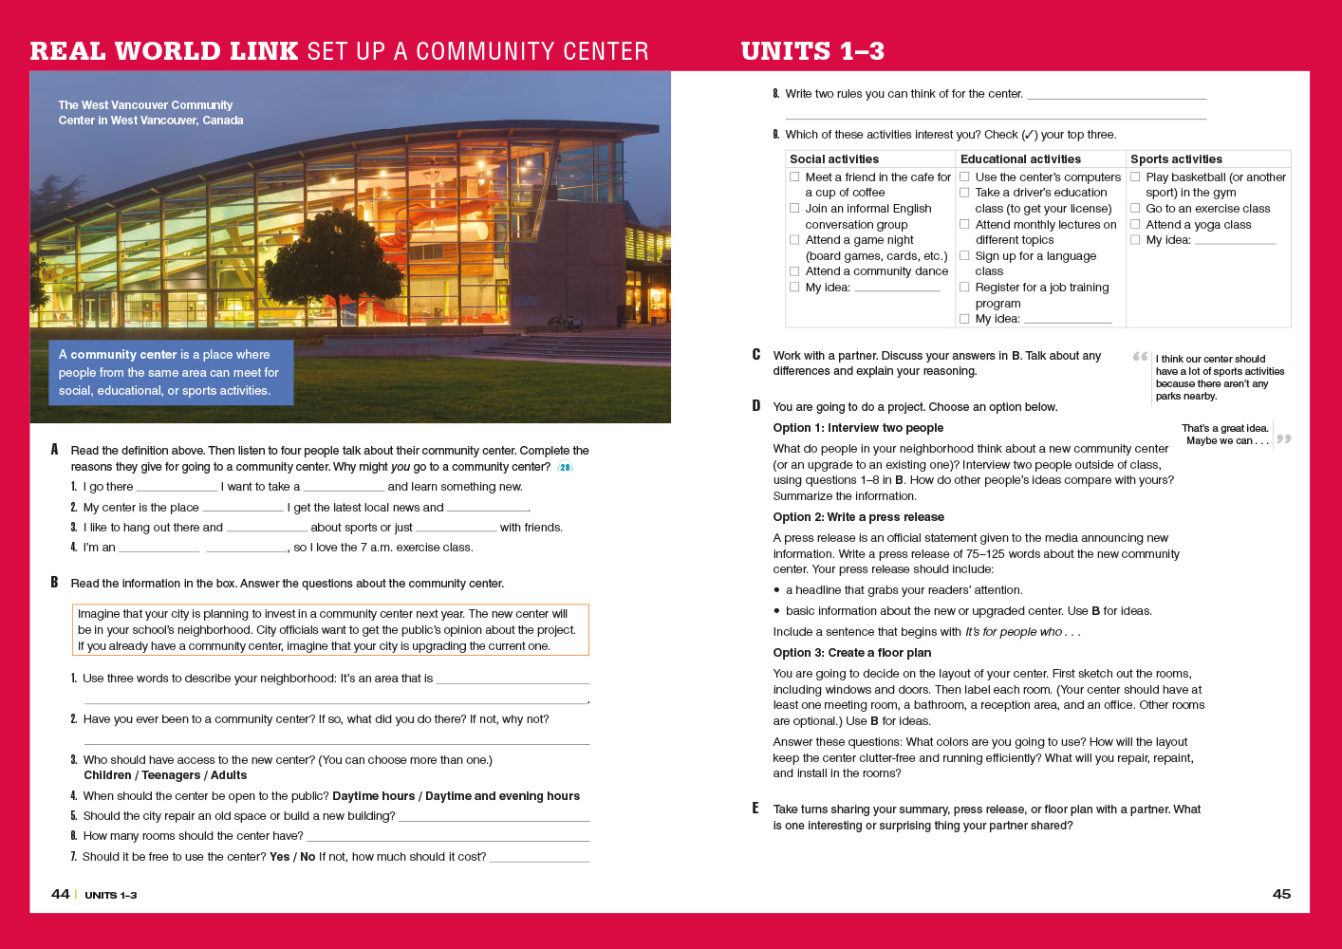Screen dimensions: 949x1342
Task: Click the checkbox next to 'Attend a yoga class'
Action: click(x=1135, y=225)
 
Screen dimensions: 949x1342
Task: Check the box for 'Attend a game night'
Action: click(x=794, y=240)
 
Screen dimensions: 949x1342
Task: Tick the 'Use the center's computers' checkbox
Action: click(x=964, y=177)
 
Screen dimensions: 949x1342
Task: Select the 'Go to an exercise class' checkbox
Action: click(x=1135, y=209)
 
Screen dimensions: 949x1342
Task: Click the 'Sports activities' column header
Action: click(x=1176, y=159)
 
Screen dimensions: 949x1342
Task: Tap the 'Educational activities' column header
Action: click(x=1020, y=159)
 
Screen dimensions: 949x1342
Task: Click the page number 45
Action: click(x=1281, y=894)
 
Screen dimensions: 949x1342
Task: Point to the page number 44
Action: click(x=60, y=894)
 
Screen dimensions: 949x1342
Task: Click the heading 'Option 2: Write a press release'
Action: click(x=858, y=517)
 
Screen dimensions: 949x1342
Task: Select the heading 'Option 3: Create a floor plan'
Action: click(x=851, y=653)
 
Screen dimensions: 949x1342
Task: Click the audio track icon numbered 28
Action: click(x=566, y=467)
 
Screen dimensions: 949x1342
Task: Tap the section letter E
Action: click(x=755, y=809)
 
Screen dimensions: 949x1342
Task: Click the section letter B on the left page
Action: click(x=54, y=583)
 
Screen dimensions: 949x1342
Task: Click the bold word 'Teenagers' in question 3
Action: click(x=171, y=775)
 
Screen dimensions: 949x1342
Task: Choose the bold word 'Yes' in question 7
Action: click(x=279, y=857)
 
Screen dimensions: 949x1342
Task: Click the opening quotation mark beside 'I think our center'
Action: click(x=1140, y=357)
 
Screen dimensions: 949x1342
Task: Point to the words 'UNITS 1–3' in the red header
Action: click(x=812, y=51)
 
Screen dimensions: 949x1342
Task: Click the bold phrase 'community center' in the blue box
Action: click(x=123, y=355)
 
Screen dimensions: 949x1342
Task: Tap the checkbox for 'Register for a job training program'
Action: click(x=964, y=288)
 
